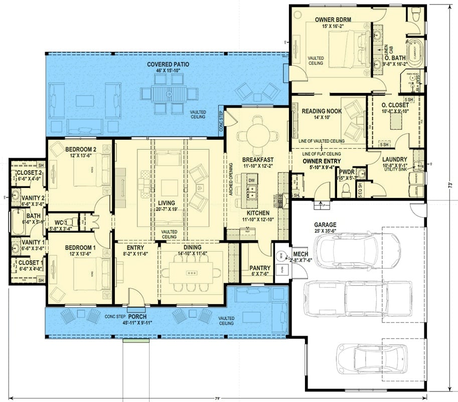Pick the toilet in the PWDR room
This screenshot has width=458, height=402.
click(345, 189)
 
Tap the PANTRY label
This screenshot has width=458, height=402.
click(259, 268)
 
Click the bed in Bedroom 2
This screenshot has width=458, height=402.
click(91, 171)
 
